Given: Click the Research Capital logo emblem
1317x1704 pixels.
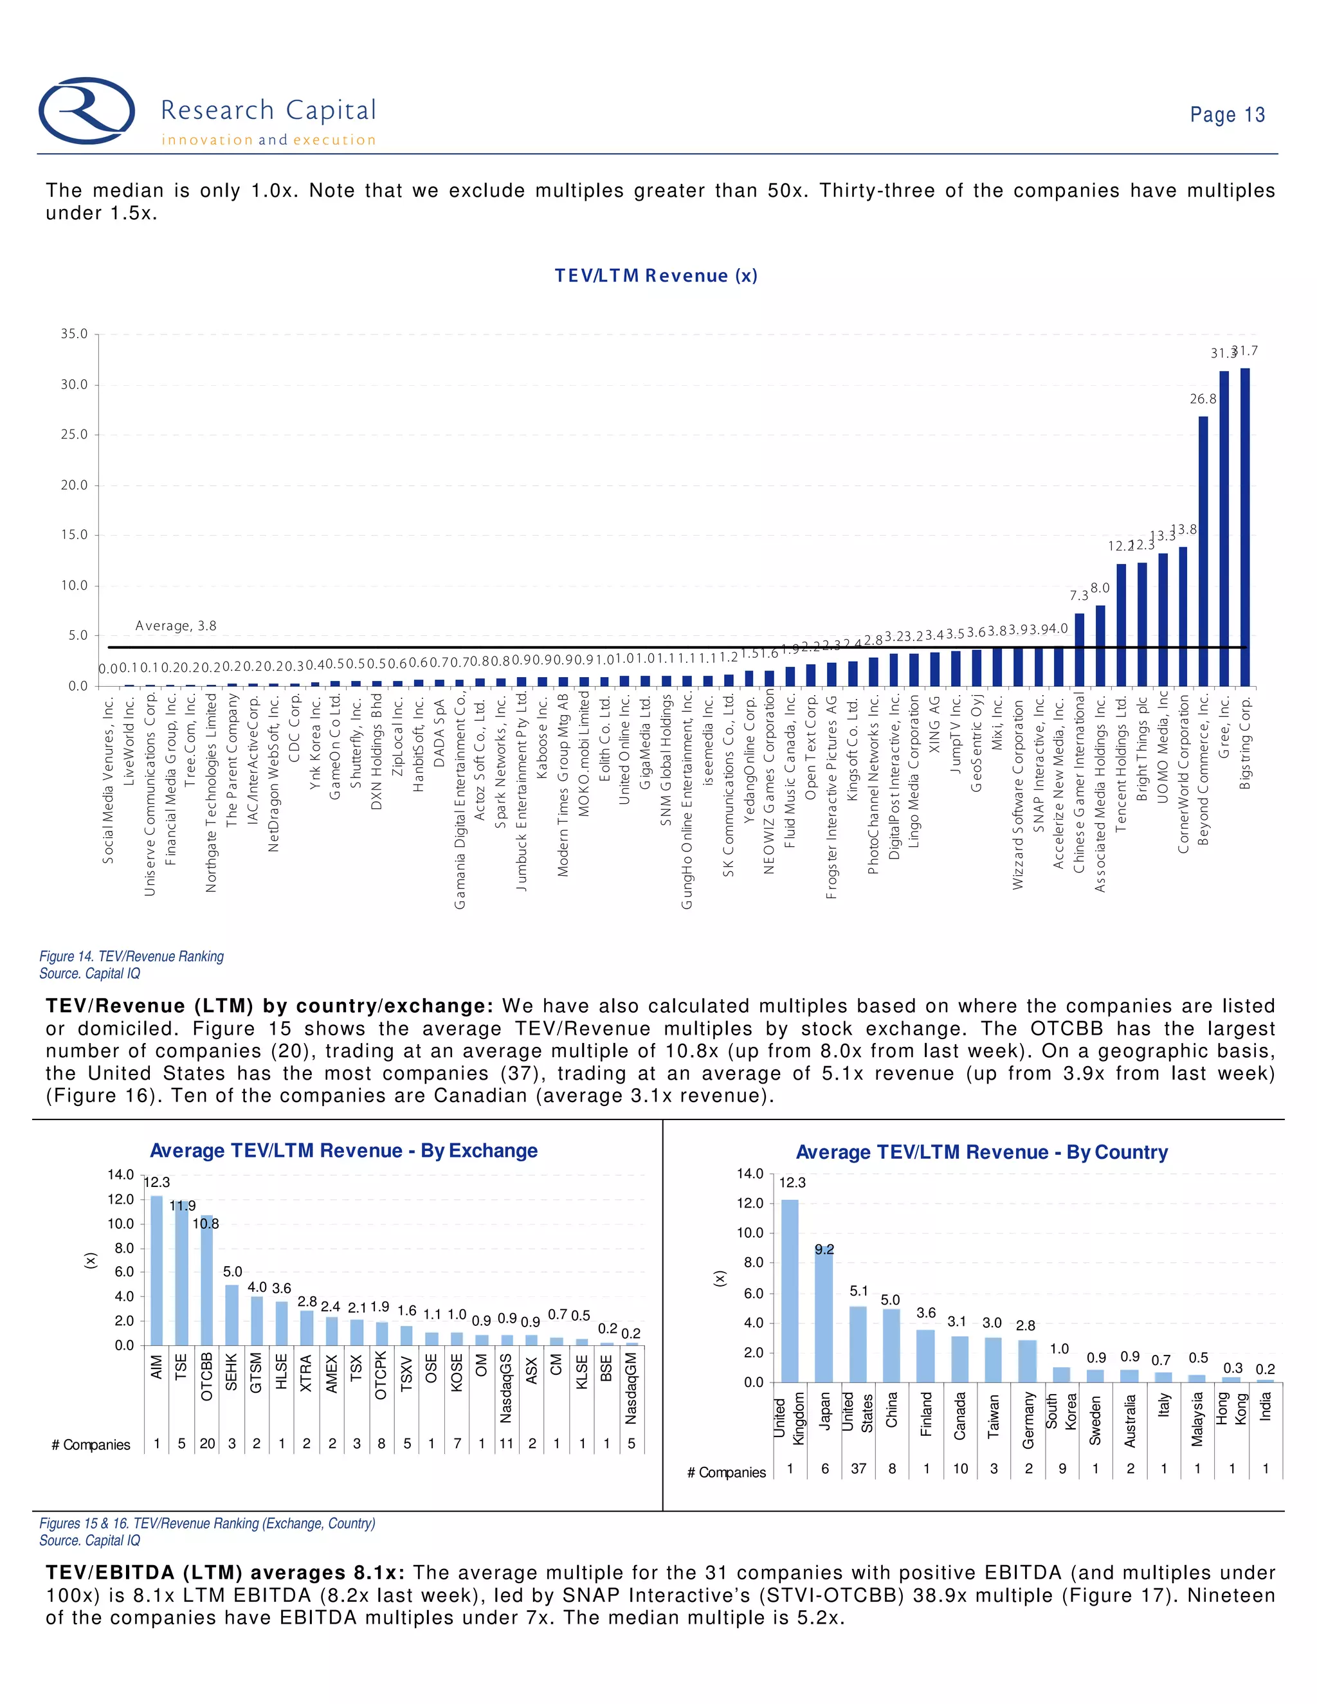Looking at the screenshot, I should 87,111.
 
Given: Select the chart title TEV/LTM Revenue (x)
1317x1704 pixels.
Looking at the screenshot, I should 655,275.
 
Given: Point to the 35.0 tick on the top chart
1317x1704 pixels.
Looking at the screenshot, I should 74,334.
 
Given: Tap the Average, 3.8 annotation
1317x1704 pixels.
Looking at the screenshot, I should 176,626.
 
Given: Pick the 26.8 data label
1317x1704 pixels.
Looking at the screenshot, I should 1203,399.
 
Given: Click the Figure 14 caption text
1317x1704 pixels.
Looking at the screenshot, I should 131,957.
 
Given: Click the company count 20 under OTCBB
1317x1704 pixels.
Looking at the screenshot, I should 207,1444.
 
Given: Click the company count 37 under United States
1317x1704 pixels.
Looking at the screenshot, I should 858,1469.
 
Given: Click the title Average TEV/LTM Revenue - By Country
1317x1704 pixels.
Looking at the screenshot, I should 981,1152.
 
